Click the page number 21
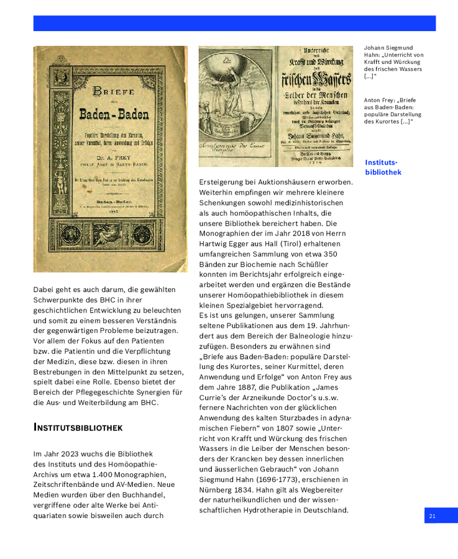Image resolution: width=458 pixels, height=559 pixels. tap(432, 516)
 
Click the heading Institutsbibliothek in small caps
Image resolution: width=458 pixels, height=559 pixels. tap(78, 428)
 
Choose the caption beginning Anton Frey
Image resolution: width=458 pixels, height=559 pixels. tap(390, 111)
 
